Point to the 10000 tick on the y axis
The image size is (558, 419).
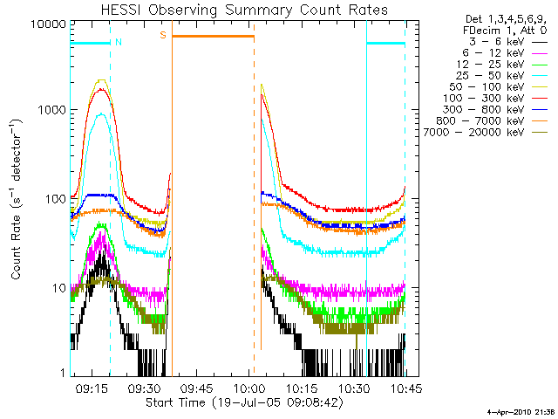(47, 24)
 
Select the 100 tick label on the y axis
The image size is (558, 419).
(54, 199)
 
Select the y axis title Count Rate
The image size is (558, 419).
(17, 200)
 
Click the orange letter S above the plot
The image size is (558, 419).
(162, 35)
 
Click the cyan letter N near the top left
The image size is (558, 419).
(119, 41)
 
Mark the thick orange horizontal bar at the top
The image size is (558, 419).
(213, 36)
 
